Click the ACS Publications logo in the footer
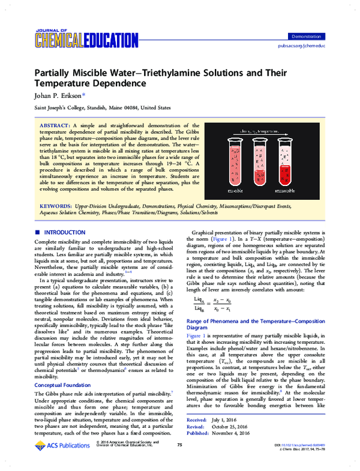pos(58,461)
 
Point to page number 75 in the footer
pos(179,461)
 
